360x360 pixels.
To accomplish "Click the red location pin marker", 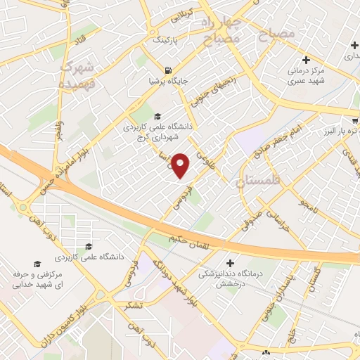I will [x=181, y=165].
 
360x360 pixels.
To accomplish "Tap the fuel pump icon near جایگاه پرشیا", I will [x=167, y=70].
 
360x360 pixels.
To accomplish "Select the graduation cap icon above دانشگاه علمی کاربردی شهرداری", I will [x=157, y=117].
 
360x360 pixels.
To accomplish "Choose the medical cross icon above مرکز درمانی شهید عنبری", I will [x=306, y=60].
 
